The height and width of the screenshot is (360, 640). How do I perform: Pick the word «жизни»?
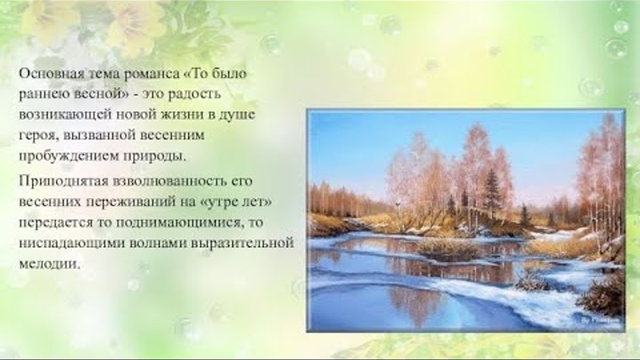pos(181,115)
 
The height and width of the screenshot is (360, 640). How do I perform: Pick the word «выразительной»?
pos(242,244)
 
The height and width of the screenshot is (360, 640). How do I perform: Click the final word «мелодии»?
pos(49,265)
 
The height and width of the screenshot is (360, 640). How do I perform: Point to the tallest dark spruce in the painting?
pos(491,191)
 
